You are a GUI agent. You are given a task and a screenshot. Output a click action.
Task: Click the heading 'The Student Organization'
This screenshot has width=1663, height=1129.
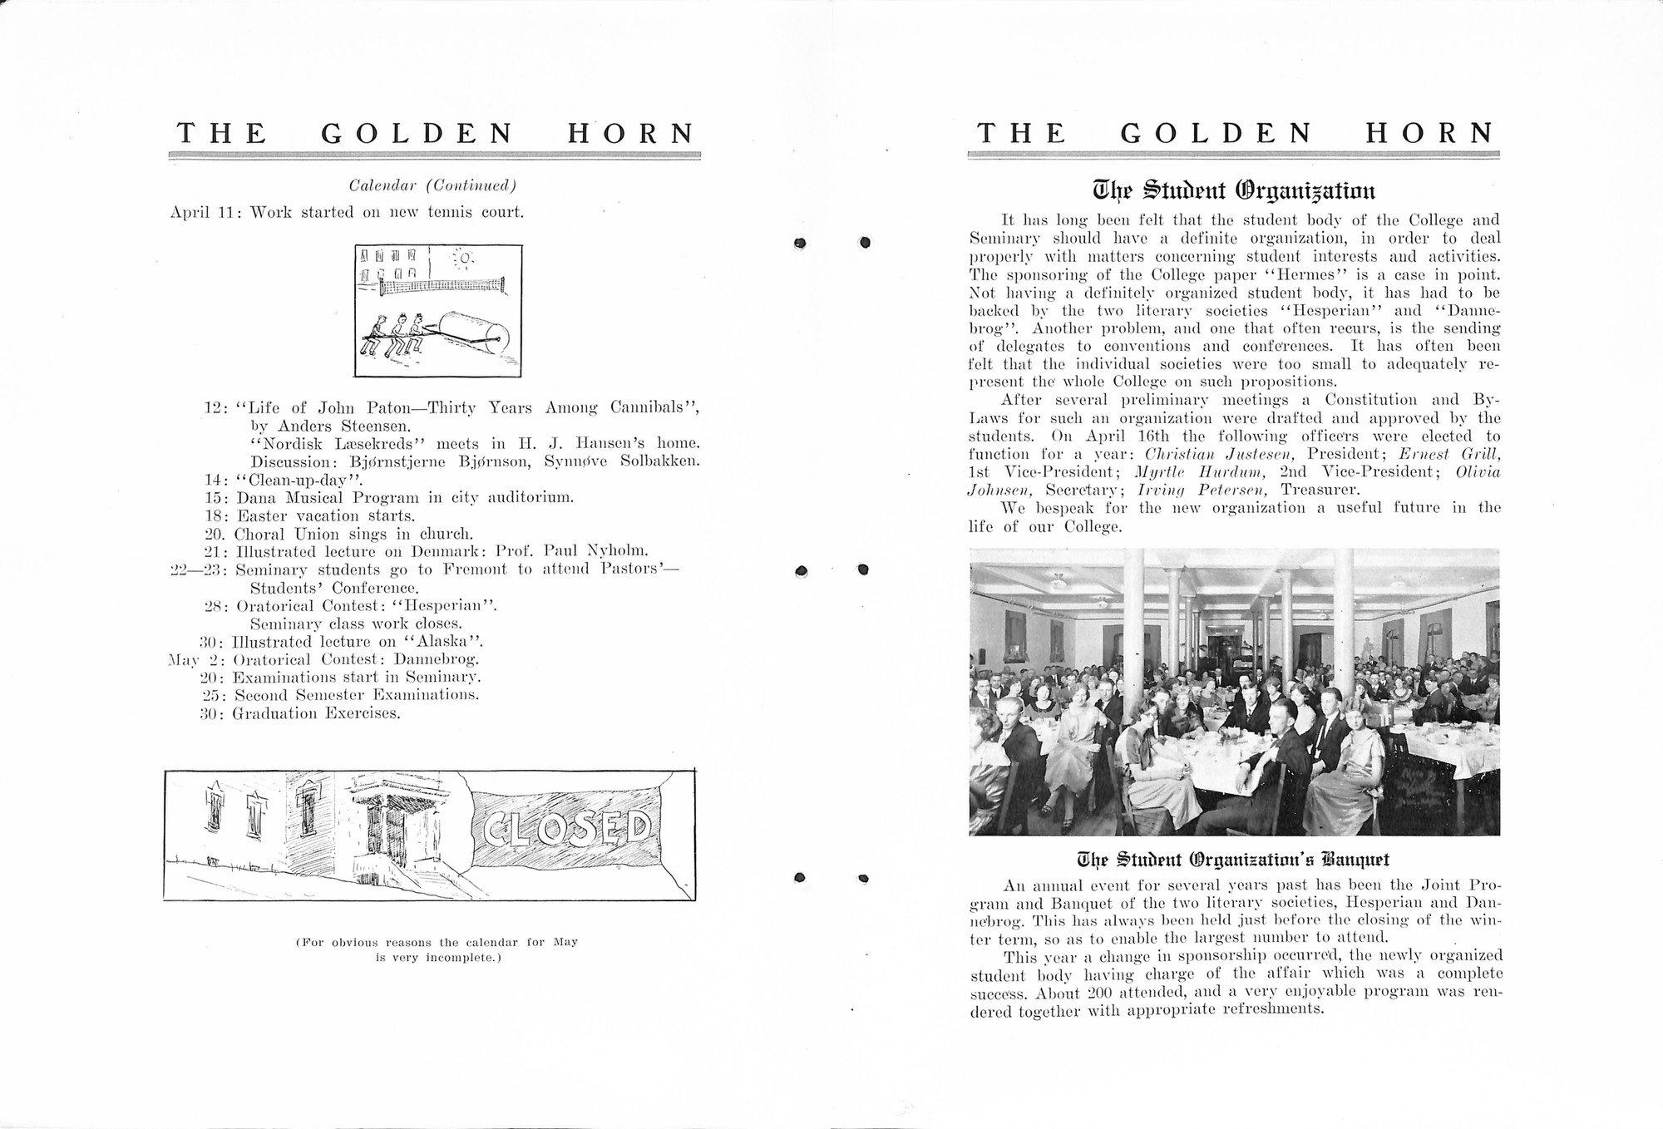tap(1234, 190)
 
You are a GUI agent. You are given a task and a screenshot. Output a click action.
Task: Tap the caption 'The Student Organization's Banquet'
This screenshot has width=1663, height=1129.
tap(1234, 859)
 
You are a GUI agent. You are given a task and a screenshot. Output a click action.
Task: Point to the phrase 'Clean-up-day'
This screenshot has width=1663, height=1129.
tap(300, 480)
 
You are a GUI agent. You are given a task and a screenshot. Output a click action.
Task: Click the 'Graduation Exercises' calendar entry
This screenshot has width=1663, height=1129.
tap(317, 713)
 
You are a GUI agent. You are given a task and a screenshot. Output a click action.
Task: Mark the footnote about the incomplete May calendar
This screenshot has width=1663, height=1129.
tap(437, 949)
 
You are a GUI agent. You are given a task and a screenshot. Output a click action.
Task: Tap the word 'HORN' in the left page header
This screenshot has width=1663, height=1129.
tap(631, 133)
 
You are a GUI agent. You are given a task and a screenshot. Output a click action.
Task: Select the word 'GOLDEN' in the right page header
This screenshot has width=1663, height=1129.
tap(1216, 133)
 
